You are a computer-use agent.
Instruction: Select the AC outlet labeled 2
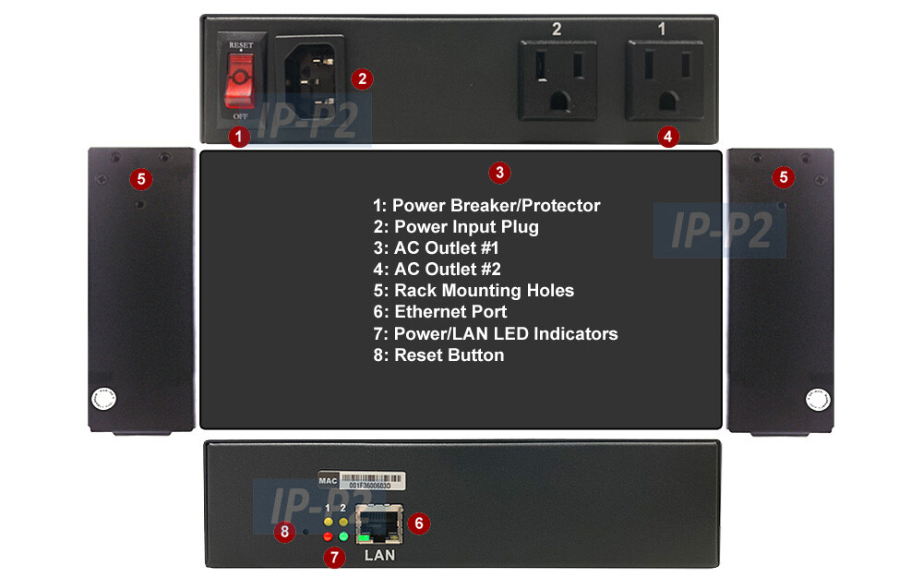coord(557,79)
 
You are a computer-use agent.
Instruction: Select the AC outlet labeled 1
coord(664,79)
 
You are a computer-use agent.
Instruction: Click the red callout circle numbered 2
coord(363,78)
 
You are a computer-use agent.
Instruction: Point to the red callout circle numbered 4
coord(669,136)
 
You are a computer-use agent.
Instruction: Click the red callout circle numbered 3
coord(498,172)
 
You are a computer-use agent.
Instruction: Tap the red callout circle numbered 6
coord(418,523)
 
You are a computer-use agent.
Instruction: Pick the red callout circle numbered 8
coord(285,532)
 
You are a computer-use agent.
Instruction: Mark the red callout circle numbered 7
coord(334,558)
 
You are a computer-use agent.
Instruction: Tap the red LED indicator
coord(328,536)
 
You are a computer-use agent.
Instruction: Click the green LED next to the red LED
coord(343,536)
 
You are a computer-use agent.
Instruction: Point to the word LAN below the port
coord(379,555)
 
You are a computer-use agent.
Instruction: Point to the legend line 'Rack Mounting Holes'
coord(473,291)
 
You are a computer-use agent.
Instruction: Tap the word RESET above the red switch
coord(241,43)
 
